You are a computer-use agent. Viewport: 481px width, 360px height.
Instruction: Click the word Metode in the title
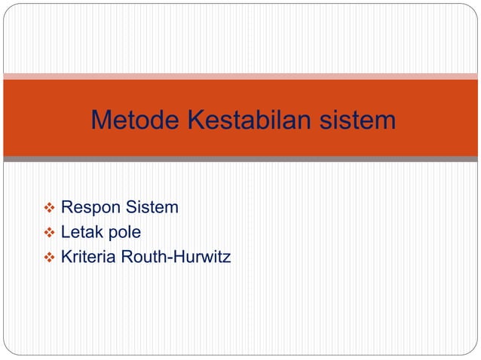130,120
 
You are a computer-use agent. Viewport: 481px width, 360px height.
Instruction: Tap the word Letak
79,232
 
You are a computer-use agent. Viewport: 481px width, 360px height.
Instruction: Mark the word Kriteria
87,258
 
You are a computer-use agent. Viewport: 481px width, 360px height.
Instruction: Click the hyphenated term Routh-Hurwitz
175,258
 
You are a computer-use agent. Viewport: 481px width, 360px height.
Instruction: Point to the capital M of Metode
101,120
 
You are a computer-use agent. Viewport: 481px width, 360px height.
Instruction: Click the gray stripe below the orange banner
240,159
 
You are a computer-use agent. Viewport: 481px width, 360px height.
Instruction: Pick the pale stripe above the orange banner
240,76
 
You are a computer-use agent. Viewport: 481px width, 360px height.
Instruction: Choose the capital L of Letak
66,232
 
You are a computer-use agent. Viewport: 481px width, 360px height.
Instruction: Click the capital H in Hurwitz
172,258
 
